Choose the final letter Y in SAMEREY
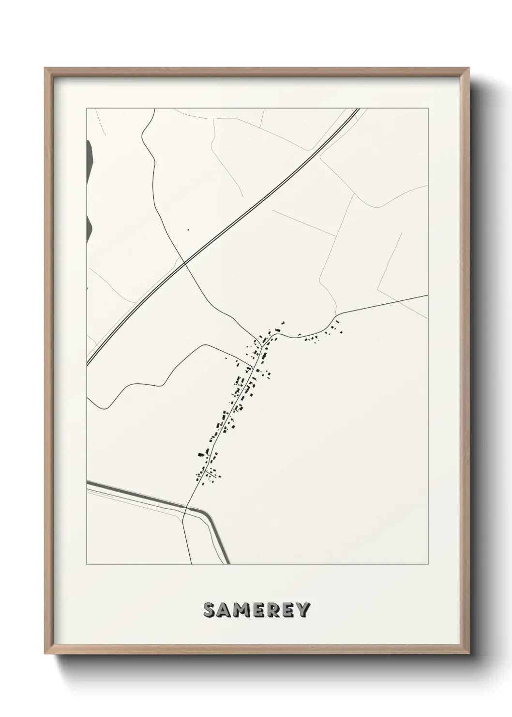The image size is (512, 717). [x=302, y=610]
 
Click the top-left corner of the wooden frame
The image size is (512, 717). [x=45, y=68]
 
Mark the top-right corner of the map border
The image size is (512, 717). [x=428, y=109]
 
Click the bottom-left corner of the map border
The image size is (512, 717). [x=87, y=564]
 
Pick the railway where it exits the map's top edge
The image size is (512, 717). [x=357, y=109]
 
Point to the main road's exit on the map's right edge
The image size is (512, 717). [x=428, y=295]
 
